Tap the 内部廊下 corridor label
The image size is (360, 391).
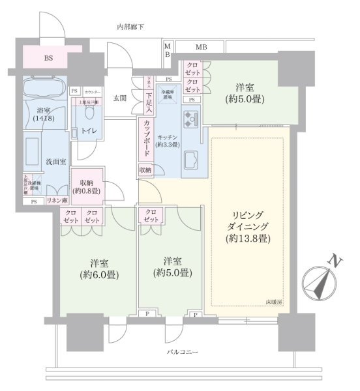[130, 27]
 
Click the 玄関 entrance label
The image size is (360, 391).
[120, 98]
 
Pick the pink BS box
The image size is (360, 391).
[49, 58]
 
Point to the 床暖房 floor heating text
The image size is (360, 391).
[273, 302]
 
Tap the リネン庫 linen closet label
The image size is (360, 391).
[57, 201]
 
